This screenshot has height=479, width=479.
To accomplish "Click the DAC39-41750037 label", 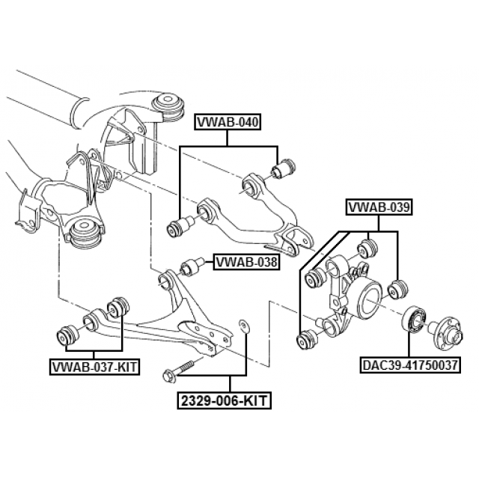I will (x=410, y=365).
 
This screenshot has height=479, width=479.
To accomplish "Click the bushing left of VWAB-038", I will (x=193, y=265).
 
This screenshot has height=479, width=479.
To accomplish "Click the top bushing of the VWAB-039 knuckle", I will (x=367, y=246).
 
